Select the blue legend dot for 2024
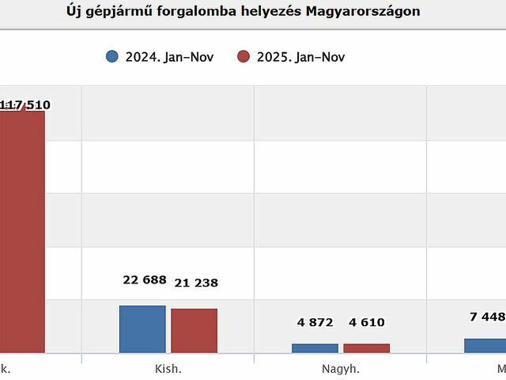[x=111, y=56]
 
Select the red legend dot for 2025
[x=244, y=56]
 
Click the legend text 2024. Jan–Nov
[x=169, y=57]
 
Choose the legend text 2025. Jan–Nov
[x=301, y=57]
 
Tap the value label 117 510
[x=25, y=104]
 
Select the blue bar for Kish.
[x=142, y=329]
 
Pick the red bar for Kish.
[x=194, y=330]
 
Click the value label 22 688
[x=145, y=279]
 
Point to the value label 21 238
[x=196, y=283]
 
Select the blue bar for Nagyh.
[x=315, y=348]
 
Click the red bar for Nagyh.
[x=366, y=348]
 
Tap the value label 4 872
[x=315, y=322]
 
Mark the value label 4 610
[x=367, y=322]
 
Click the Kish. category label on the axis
[x=168, y=369]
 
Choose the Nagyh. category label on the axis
[x=341, y=369]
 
